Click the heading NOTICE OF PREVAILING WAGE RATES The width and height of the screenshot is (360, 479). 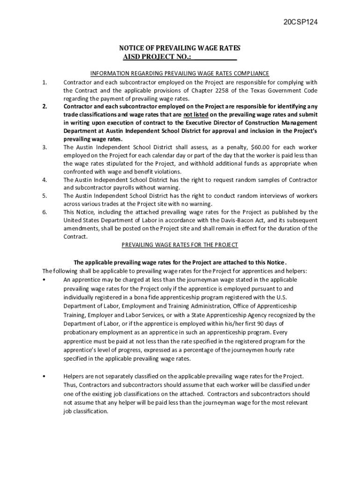(180, 49)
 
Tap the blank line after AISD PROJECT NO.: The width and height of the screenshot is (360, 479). (215, 57)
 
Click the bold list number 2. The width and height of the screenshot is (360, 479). (44, 106)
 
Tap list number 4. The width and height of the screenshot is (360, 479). (44, 180)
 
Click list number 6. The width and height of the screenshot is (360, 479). (44, 212)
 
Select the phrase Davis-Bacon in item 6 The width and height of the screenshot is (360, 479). (242, 220)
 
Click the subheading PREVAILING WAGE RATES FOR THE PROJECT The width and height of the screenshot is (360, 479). (180, 245)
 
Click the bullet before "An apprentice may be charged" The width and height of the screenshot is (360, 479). (43, 279)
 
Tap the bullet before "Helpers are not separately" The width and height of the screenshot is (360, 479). (43, 376)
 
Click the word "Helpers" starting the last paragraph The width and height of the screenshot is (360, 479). (74, 376)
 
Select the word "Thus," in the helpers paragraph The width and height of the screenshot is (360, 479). (70, 385)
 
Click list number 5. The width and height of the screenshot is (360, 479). (44, 196)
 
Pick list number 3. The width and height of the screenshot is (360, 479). (44, 147)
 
